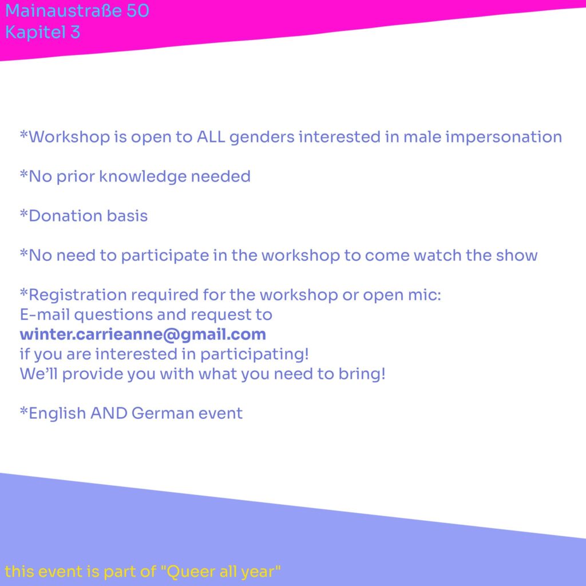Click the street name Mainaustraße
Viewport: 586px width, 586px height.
tap(63, 10)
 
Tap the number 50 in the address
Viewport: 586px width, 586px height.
tap(137, 10)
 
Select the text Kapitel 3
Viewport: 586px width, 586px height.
tap(42, 32)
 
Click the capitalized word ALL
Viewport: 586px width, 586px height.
tap(211, 137)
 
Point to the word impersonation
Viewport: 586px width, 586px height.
tap(504, 137)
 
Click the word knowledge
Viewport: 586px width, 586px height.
tap(142, 177)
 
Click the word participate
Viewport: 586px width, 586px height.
tap(165, 256)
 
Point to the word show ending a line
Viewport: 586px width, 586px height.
tap(517, 256)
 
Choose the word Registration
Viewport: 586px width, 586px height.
tap(78, 295)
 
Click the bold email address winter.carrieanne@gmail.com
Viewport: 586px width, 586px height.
tap(142, 335)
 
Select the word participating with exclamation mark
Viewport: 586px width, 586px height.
tap(255, 355)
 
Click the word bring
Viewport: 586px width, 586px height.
tap(362, 374)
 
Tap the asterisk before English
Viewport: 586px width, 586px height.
tap(24, 410)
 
